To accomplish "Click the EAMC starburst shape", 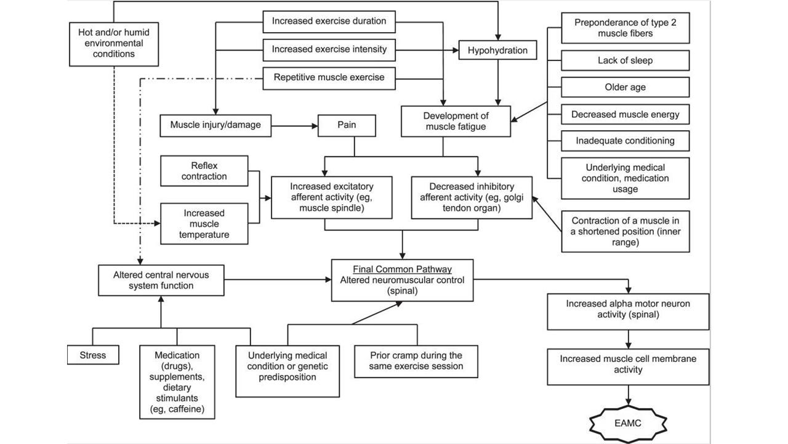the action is click(x=628, y=423).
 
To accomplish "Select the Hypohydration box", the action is click(x=498, y=50).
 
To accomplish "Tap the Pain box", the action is click(x=347, y=125).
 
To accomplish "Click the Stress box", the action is click(x=93, y=355).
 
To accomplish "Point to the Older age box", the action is click(x=625, y=87).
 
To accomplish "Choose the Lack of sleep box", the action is click(x=625, y=60).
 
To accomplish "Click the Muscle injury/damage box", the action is click(x=215, y=125).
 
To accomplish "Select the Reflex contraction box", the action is click(x=204, y=171).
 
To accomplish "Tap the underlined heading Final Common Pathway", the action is click(x=402, y=269).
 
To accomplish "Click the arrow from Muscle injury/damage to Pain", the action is click(x=294, y=126).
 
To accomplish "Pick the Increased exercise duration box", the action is click(x=329, y=22).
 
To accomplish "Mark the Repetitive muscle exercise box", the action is click(x=329, y=78).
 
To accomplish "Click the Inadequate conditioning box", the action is click(x=625, y=141).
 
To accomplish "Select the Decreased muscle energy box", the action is click(x=625, y=114).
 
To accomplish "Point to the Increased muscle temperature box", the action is click(x=204, y=224).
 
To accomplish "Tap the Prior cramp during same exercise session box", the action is click(x=416, y=361).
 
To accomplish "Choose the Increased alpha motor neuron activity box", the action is click(x=628, y=312).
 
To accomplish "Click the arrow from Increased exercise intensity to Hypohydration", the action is click(x=427, y=51).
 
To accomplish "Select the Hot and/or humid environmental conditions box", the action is click(x=114, y=44).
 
